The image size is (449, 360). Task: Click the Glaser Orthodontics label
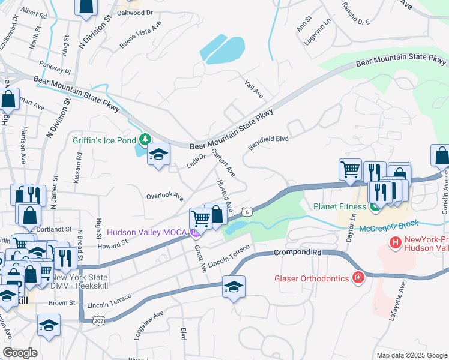[x=312, y=278]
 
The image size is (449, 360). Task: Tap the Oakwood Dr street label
[x=134, y=13]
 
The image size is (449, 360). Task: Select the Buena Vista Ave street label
[x=140, y=37]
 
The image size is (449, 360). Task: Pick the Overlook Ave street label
[x=164, y=196]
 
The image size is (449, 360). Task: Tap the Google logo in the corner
[x=19, y=352]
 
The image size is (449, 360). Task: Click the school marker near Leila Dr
[x=158, y=157]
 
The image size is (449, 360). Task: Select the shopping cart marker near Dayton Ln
[x=350, y=169]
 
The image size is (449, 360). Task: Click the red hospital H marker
[x=395, y=243]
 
